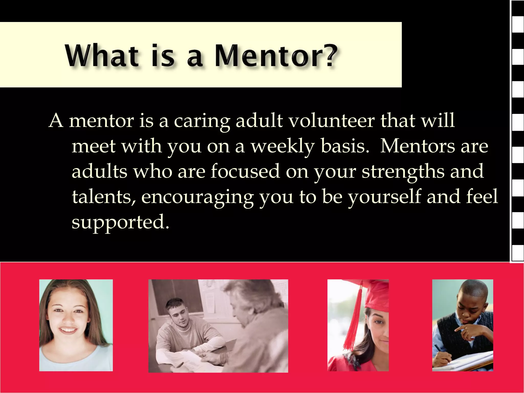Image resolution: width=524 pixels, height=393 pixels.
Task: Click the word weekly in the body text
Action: [x=282, y=146]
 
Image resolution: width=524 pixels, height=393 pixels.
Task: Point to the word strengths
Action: [x=403, y=171]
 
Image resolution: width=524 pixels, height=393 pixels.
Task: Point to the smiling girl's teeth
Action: [x=68, y=330]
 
